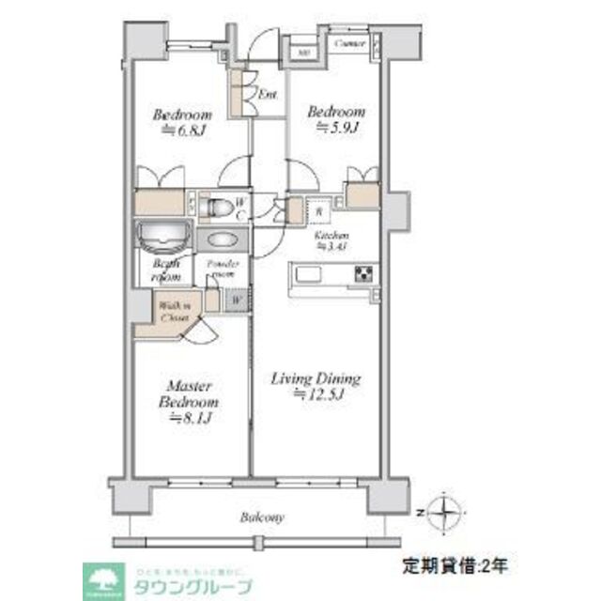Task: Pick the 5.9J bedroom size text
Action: tap(337, 126)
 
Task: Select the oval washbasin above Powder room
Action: tap(223, 239)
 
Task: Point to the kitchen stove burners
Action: tap(363, 274)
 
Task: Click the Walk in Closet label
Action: tap(173, 312)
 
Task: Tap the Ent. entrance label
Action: tap(266, 94)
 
